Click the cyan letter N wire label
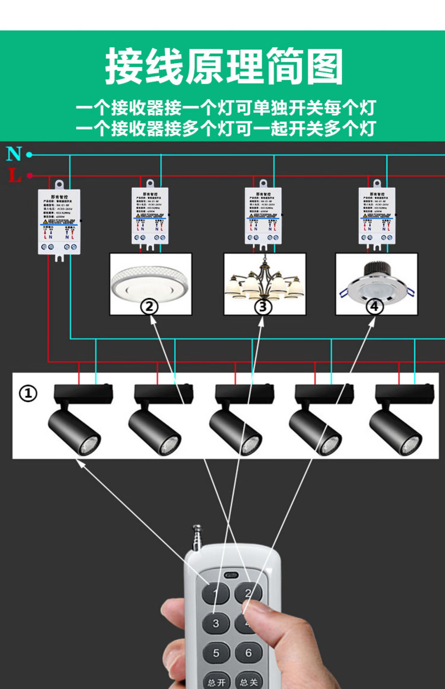tap(14, 154)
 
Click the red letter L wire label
tap(14, 175)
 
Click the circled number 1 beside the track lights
tap(28, 394)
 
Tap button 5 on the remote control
tap(216, 653)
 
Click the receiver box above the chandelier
tap(263, 216)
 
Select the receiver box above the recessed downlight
tap(377, 216)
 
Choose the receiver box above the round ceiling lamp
tap(150, 216)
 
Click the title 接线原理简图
tap(224, 66)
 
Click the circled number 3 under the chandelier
tap(263, 307)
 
